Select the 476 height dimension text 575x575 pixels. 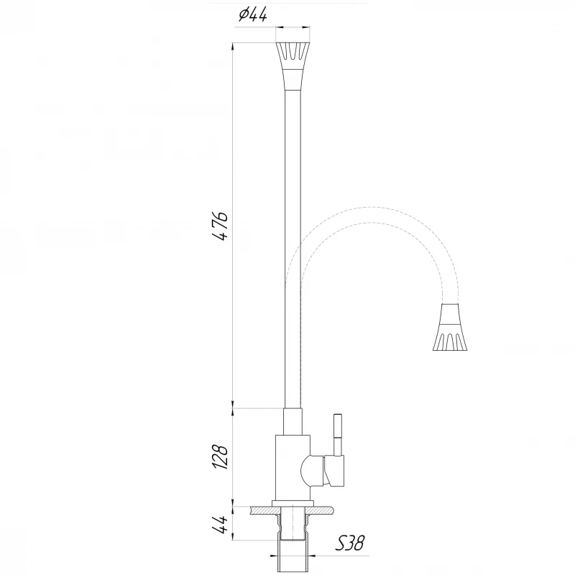pos(221,226)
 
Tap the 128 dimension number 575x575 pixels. pos(221,454)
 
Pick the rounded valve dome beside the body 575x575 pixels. pos(311,471)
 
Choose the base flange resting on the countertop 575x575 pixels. pos(293,502)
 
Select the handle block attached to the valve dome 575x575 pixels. pos(336,471)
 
